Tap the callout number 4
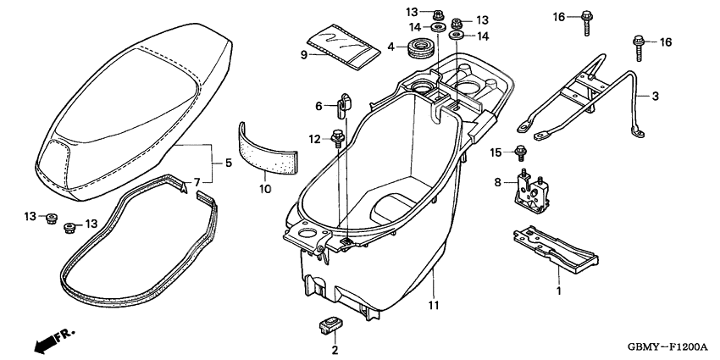point(390,46)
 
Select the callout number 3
point(655,97)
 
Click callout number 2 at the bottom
point(335,349)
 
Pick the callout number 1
point(558,291)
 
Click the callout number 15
point(497,152)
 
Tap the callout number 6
point(319,106)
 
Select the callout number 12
point(314,138)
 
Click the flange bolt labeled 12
point(338,136)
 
